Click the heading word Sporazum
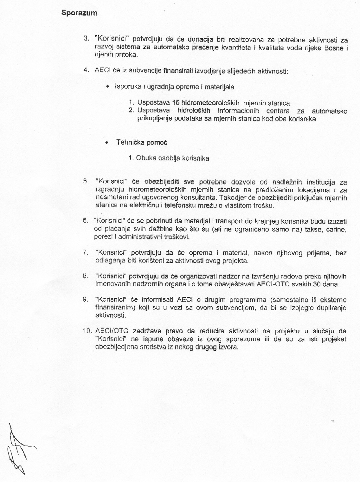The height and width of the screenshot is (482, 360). (79, 13)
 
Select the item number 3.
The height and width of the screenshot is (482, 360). (86, 39)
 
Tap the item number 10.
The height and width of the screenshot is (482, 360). (87, 331)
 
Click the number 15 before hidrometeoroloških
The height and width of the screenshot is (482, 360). (176, 103)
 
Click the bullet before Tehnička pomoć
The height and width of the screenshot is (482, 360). (107, 142)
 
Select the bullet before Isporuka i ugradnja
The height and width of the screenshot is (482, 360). (107, 87)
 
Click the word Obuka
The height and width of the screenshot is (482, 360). (146, 158)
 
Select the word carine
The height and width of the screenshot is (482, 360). (336, 229)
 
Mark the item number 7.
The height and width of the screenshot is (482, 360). (85, 253)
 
